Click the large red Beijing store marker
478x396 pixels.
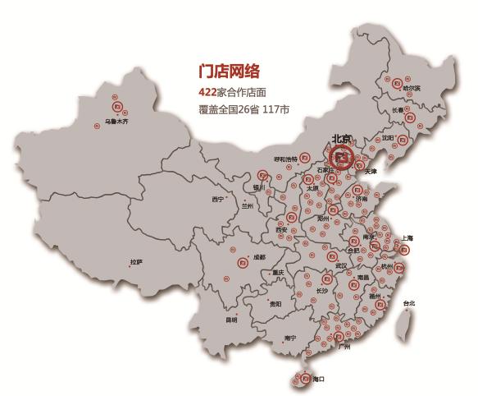coord(344,155)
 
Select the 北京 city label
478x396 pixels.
coord(340,138)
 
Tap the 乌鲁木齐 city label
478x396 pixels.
coord(116,121)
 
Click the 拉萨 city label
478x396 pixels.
coord(136,262)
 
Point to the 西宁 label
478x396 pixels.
coord(217,199)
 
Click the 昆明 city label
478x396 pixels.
coord(232,320)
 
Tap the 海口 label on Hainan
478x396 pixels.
coord(318,379)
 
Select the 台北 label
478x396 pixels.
coord(408,304)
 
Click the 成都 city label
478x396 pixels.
coord(260,257)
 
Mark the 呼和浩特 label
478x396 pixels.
coord(284,159)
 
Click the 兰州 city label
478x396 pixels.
coord(248,206)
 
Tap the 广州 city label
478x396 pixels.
coord(344,348)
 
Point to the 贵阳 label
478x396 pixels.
coord(275,304)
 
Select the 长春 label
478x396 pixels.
coord(398,110)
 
